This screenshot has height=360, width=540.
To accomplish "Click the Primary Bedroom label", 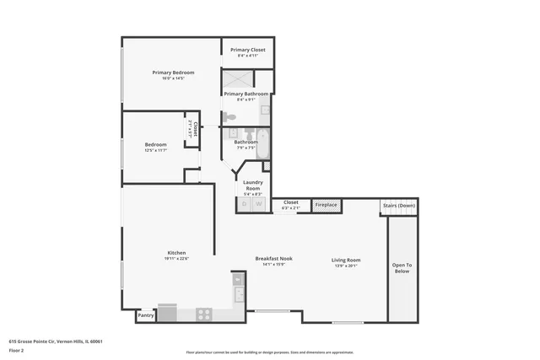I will (x=168, y=73).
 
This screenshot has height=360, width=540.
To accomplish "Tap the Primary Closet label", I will (x=248, y=50).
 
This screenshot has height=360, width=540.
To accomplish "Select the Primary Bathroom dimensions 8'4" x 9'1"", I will (x=246, y=100).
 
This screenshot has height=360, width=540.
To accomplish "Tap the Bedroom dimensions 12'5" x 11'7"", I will (x=155, y=150).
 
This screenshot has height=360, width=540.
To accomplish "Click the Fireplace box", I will (x=327, y=205).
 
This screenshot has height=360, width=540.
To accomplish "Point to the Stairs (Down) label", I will (x=399, y=205).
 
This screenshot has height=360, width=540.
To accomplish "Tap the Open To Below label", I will (x=401, y=268).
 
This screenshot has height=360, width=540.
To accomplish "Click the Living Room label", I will (x=346, y=260).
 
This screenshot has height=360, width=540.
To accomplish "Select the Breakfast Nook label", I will (x=275, y=259).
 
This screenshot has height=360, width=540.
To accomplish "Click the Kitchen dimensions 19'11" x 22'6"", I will (x=176, y=259).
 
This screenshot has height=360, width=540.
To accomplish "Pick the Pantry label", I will (x=145, y=316).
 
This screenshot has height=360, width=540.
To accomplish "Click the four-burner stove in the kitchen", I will (x=203, y=314).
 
